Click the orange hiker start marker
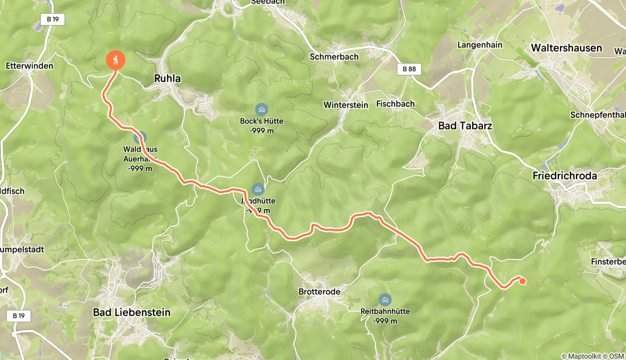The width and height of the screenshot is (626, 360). (x=115, y=60)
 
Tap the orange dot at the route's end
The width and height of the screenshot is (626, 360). (x=522, y=281)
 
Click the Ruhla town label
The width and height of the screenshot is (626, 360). (x=167, y=79)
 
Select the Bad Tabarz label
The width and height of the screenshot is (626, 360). (x=465, y=126)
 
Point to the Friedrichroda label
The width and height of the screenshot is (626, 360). (x=564, y=176)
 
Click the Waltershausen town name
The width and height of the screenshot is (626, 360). (x=566, y=48)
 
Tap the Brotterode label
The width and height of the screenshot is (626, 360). (x=319, y=292)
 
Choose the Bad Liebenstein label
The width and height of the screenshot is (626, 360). (x=132, y=313)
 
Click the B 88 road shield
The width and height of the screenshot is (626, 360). (x=409, y=69)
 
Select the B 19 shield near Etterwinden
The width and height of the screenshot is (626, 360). (x=53, y=19)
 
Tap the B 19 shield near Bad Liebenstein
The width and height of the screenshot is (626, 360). (x=19, y=316)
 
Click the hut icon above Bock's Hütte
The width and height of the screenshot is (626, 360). (x=261, y=110)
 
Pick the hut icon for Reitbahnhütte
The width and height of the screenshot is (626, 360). (x=385, y=300)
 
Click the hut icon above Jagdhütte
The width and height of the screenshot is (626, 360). (x=258, y=189)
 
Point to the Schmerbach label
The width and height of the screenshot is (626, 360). (x=334, y=57)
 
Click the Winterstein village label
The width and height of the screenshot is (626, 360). (x=346, y=105)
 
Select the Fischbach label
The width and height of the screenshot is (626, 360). (x=395, y=104)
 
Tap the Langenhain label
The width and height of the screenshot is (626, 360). (x=480, y=45)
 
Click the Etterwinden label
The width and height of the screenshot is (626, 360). (x=29, y=66)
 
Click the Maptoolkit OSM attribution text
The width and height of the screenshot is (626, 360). (x=592, y=356)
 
